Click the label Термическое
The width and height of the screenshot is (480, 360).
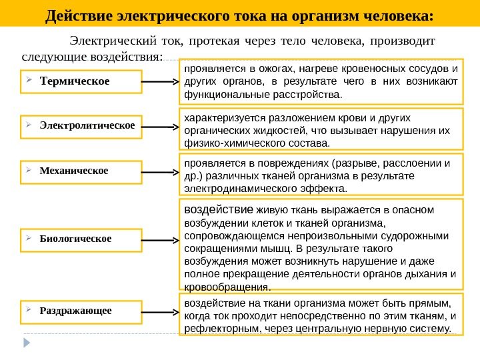tap(75, 82)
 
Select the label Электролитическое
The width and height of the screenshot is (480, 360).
tap(87, 125)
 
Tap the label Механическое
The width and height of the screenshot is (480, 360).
tap(73, 170)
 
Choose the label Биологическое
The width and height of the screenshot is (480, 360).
tap(75, 237)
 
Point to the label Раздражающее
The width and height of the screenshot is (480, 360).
tap(76, 311)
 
